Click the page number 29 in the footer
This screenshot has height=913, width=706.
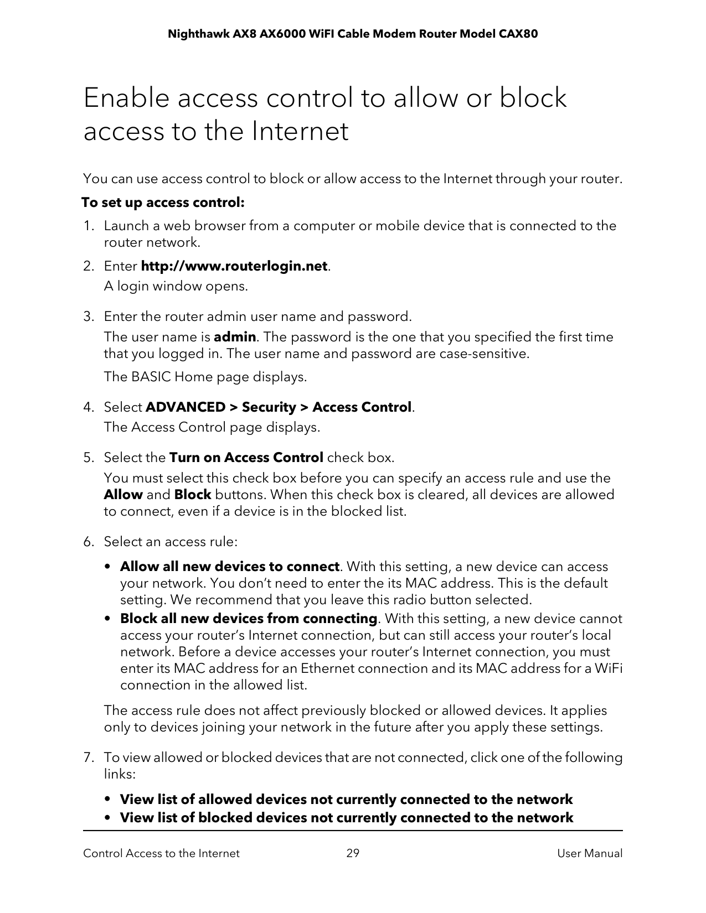353,853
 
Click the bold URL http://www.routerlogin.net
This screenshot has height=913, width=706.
235,266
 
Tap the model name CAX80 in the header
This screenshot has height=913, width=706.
518,34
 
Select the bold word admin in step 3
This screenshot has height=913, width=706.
235,337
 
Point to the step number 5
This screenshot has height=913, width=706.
88,458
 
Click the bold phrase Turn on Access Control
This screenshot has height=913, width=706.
246,458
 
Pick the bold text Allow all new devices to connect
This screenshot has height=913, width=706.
229,567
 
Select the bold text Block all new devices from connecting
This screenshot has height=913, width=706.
249,618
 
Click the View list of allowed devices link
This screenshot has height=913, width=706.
346,800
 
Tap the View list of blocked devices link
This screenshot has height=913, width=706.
346,818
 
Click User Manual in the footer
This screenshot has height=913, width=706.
590,853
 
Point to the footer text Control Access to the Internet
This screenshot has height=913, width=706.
161,853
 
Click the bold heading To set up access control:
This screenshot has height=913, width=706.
163,203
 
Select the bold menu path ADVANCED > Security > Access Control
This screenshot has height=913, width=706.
279,407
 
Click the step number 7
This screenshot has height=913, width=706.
88,758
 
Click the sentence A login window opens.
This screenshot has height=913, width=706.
176,287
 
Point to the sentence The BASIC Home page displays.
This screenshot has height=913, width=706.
205,377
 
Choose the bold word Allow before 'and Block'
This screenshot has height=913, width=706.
123,495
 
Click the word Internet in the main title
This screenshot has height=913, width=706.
300,132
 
